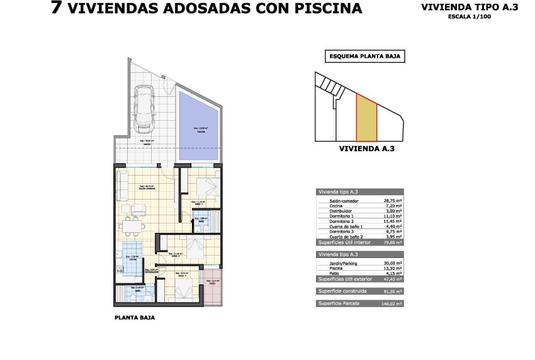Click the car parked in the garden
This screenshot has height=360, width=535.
pyautogui.click(x=145, y=109)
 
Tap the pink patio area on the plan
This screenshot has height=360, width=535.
pyautogui.click(x=213, y=286)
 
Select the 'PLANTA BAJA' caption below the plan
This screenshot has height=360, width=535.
pyautogui.click(x=135, y=318)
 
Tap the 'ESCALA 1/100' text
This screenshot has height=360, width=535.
pyautogui.click(x=470, y=17)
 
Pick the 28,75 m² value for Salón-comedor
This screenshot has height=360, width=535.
pyautogui.click(x=393, y=201)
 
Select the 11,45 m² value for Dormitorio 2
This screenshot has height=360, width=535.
pyautogui.click(x=393, y=221)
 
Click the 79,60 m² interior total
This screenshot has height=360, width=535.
pyautogui.click(x=393, y=242)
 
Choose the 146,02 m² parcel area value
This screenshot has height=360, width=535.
pyautogui.click(x=391, y=303)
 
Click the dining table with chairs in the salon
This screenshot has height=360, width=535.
pyautogui.click(x=133, y=224)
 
